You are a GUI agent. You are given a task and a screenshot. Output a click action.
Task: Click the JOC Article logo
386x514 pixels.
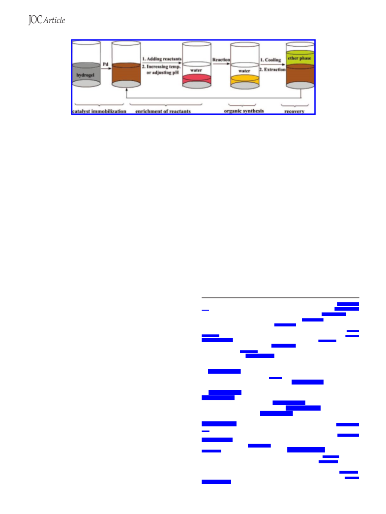47,20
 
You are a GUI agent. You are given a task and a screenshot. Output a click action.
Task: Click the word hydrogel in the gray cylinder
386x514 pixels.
85,75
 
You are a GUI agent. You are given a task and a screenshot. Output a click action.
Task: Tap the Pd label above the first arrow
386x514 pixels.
105,64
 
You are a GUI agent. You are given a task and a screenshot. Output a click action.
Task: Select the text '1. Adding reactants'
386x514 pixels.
162,59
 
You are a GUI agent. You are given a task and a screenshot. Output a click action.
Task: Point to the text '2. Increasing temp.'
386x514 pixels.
161,66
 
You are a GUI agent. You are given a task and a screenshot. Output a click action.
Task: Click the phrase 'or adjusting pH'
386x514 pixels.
162,72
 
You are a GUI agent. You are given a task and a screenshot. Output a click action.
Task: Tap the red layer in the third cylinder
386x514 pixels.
196,79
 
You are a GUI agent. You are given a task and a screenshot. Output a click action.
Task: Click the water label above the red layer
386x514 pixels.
196,70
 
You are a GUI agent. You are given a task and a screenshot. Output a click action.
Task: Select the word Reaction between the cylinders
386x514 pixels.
221,60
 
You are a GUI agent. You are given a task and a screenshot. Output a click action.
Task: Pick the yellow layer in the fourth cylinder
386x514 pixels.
244,80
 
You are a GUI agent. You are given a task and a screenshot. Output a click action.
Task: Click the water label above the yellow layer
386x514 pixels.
244,71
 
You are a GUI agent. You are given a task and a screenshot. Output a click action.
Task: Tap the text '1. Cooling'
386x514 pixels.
270,60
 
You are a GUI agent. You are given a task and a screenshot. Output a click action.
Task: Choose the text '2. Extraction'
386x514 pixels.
272,69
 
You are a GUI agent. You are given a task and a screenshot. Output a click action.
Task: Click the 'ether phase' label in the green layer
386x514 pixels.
299,58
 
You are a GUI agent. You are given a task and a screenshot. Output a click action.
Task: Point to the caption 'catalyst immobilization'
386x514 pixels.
99,111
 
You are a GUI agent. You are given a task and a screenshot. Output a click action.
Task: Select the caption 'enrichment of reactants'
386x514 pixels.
163,111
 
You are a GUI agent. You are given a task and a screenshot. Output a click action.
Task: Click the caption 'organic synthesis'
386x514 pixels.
244,111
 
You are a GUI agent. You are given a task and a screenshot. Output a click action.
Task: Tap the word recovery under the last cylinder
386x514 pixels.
295,111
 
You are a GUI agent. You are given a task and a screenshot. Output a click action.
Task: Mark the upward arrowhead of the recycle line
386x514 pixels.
127,90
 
